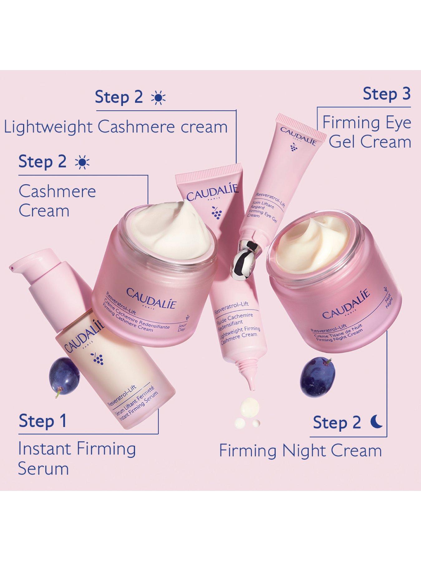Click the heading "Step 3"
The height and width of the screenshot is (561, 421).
pos(386,94)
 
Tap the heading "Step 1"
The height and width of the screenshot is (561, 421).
pos(43,421)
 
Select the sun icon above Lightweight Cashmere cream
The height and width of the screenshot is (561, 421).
pos(158,98)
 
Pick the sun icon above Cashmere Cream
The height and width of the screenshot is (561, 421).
pos(82,162)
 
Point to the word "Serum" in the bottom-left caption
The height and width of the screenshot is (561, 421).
pos(43,469)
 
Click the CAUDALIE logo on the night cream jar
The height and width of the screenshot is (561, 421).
pos(346,304)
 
